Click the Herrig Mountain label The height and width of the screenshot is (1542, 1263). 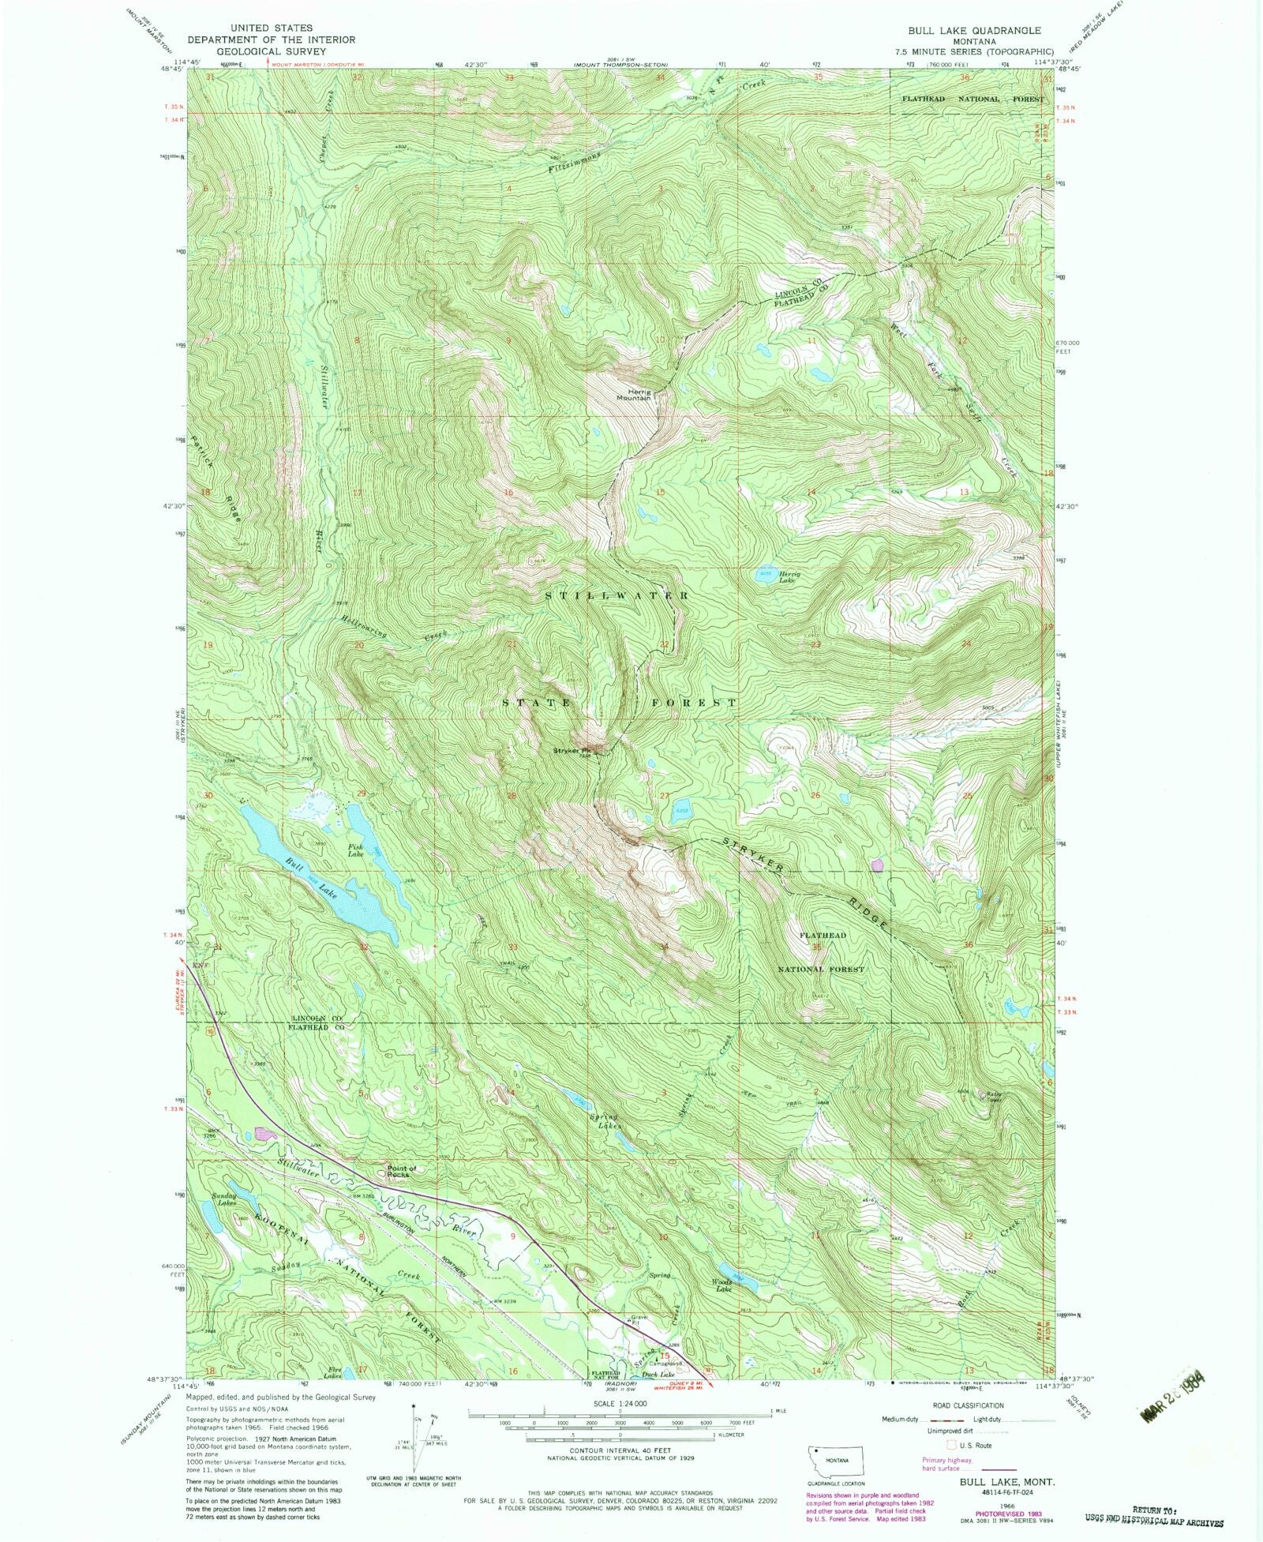click(633, 394)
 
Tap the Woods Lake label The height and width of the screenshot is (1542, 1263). click(723, 1285)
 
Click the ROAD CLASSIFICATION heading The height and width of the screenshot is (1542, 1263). click(967, 1405)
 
